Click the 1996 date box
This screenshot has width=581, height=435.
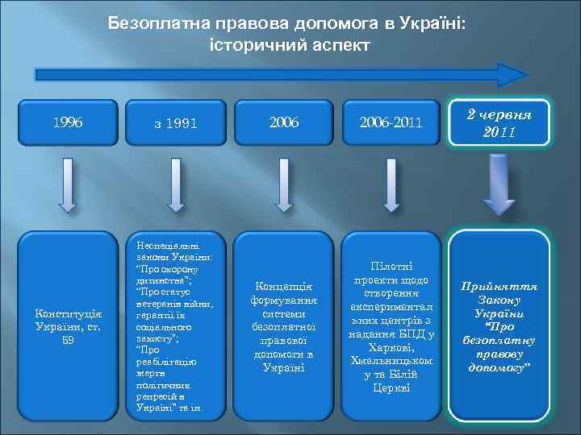tap(68, 123)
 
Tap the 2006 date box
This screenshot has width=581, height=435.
tap(283, 123)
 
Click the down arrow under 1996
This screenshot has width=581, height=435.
tap(69, 186)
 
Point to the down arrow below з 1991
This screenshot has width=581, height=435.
tap(176, 186)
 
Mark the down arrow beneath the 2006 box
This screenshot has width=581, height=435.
tap(283, 186)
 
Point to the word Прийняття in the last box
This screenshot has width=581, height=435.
tap(499, 286)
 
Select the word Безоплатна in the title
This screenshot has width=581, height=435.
tap(155, 25)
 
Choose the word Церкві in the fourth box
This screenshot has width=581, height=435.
tap(392, 387)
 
